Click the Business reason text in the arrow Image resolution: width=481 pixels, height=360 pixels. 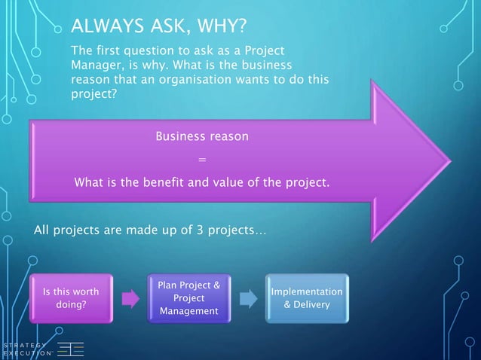point(201,137)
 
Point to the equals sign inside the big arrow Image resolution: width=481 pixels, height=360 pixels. point(201,160)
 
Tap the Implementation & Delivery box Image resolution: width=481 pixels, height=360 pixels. point(306,298)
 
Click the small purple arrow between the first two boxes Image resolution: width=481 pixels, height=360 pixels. point(130,299)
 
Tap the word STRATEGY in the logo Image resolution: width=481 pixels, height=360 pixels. point(25,345)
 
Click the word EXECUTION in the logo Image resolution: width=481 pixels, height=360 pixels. point(26,353)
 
